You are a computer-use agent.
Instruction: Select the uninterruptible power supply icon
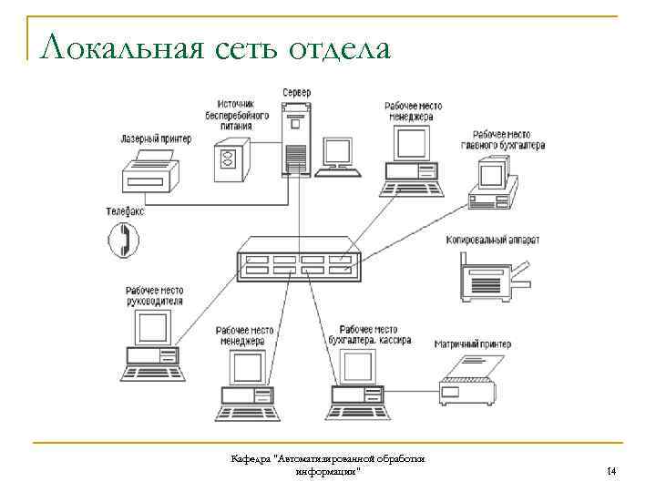pos(229,161)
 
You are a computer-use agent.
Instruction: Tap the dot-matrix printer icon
pos(470,381)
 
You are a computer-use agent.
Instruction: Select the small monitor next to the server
pos(340,154)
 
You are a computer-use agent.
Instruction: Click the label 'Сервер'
pos(296,92)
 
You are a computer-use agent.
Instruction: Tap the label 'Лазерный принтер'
pos(156,139)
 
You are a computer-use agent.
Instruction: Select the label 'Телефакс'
pos(125,210)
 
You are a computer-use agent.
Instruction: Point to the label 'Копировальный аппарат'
pos(493,241)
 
